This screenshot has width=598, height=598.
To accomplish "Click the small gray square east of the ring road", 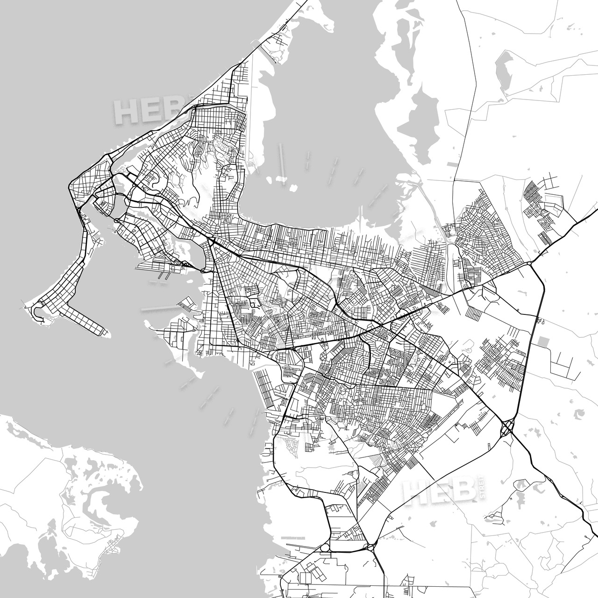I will (543, 341).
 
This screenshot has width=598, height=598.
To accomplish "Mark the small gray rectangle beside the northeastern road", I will (453, 164).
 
